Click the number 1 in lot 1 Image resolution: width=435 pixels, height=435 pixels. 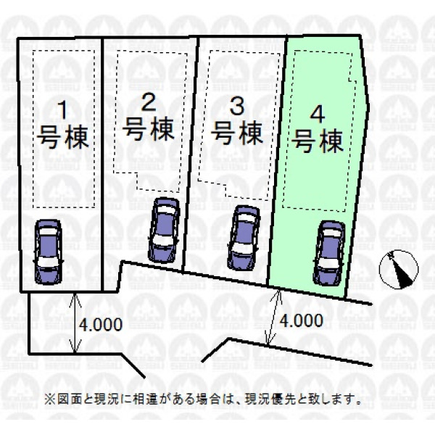pyautogui.click(x=64, y=110)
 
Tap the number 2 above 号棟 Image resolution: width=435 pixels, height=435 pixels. pyautogui.click(x=149, y=101)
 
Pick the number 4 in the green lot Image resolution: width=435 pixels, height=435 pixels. pyautogui.click(x=318, y=115)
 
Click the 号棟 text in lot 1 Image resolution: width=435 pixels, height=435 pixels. pyautogui.click(x=63, y=137)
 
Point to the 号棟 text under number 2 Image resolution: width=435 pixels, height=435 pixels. pyautogui.click(x=149, y=128)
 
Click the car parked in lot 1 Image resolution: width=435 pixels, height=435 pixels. pyautogui.click(x=48, y=252)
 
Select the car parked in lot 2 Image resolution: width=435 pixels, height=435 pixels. pyautogui.click(x=164, y=230)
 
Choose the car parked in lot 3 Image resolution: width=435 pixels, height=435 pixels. pyautogui.click(x=244, y=238)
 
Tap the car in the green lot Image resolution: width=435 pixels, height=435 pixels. pyautogui.click(x=329, y=253)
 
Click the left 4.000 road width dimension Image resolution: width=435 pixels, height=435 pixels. pyautogui.click(x=101, y=324)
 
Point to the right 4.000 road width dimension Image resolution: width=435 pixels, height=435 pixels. pyautogui.click(x=302, y=320)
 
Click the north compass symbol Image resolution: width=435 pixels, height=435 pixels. pyautogui.click(x=399, y=270)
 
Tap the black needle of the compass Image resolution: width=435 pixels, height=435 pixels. pyautogui.click(x=402, y=272)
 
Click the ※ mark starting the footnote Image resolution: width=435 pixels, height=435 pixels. pyautogui.click(x=50, y=399)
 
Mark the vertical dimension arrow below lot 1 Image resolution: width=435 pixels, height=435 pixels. pyautogui.click(x=75, y=323)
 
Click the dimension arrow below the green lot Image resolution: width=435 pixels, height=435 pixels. pyautogui.click(x=273, y=317)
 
